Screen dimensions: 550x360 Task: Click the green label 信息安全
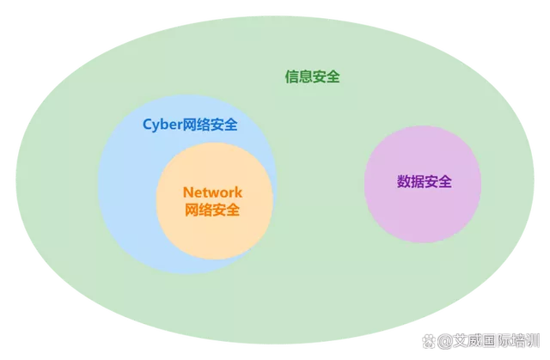pos(312,76)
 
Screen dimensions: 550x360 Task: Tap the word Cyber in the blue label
pos(162,125)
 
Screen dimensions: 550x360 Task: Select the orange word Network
pos(212,192)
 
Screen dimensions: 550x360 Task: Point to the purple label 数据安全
pos(425,181)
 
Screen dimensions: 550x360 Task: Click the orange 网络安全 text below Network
pos(212,210)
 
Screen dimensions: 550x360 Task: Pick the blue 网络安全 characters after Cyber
pos(210,125)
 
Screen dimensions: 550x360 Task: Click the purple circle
pos(423,184)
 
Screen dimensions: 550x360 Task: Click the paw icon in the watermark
pos(428,341)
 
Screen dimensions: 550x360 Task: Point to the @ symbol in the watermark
pos(444,341)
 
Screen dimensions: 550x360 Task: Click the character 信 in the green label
pos(291,76)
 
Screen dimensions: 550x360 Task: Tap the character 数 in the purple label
pos(404,181)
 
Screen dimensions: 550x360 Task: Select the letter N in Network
pos(188,192)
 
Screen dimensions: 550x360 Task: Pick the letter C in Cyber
pos(148,125)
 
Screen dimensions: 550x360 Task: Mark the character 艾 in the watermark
pos(459,341)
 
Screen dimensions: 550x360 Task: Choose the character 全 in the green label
pos(333,76)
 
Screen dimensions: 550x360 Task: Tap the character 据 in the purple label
pos(418,181)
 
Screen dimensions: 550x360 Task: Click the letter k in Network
pos(239,192)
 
